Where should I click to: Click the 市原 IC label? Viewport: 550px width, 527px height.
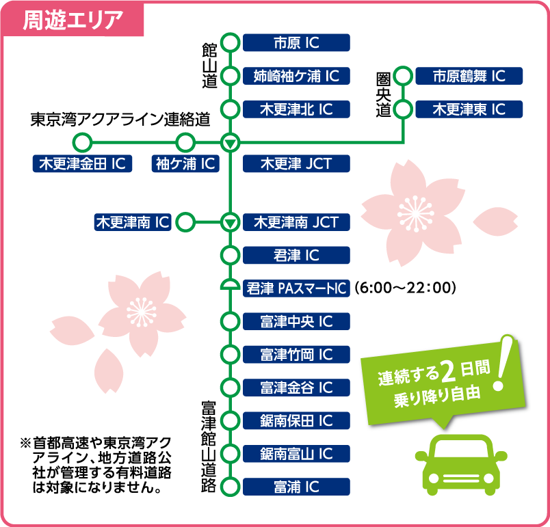point(296,43)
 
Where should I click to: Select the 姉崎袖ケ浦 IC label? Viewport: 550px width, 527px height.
point(296,76)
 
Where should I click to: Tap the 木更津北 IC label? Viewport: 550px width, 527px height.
point(296,109)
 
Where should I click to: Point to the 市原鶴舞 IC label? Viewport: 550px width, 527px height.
point(469,76)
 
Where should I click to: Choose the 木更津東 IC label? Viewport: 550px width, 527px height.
point(469,109)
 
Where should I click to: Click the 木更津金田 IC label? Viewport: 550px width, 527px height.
point(82,163)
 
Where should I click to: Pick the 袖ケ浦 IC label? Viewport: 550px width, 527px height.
point(185,163)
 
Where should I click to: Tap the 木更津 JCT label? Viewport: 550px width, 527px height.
point(296,163)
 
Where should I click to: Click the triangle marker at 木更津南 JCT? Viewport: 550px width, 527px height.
point(231,222)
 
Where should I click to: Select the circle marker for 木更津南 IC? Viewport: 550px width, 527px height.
point(185,222)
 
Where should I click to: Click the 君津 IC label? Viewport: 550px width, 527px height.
point(296,255)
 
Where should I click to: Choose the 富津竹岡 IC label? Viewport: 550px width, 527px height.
point(296,354)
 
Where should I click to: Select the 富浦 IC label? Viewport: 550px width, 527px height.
point(296,487)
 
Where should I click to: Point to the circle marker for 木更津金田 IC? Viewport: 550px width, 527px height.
point(82,143)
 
